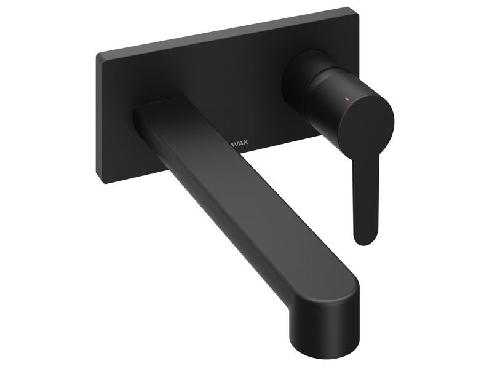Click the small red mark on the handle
[346, 97]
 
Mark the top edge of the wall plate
[228, 31]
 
